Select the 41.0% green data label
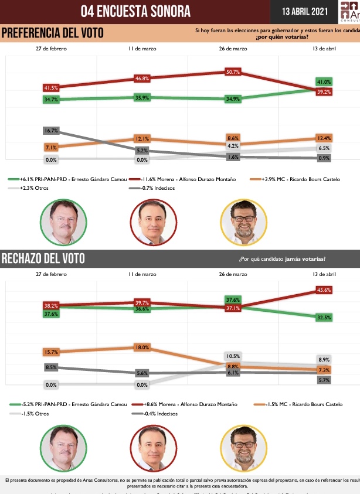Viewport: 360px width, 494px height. coord(324,82)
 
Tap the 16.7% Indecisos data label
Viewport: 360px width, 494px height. coord(51,130)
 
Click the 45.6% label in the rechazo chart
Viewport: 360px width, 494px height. coord(324,289)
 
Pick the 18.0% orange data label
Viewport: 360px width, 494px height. coord(142,347)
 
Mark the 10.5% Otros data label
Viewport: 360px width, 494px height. coord(233,356)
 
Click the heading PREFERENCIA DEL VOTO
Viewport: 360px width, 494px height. coord(52,33)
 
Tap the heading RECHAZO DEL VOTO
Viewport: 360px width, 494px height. coord(43,258)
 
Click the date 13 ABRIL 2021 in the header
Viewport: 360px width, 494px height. coord(303,11)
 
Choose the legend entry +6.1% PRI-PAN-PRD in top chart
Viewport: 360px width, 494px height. coord(67,178)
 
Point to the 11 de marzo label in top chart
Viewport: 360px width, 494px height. coord(142,49)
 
